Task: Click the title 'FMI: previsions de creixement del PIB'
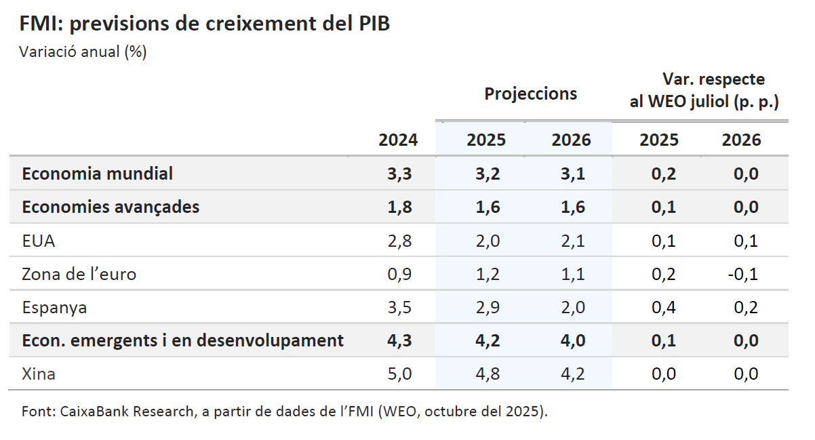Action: click(205, 24)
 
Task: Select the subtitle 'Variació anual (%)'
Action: click(83, 52)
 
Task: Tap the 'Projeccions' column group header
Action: click(530, 94)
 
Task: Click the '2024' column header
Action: click(398, 140)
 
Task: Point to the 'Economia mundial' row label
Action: click(97, 174)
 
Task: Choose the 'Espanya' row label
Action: click(54, 307)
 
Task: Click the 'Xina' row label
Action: click(39, 374)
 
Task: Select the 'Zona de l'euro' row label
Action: click(79, 274)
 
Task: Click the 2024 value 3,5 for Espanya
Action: click(399, 307)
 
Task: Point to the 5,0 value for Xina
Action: click(399, 374)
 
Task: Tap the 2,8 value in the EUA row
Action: click(399, 241)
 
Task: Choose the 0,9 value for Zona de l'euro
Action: click(399, 274)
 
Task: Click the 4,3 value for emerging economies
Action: click(399, 340)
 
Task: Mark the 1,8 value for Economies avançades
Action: click(399, 207)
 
